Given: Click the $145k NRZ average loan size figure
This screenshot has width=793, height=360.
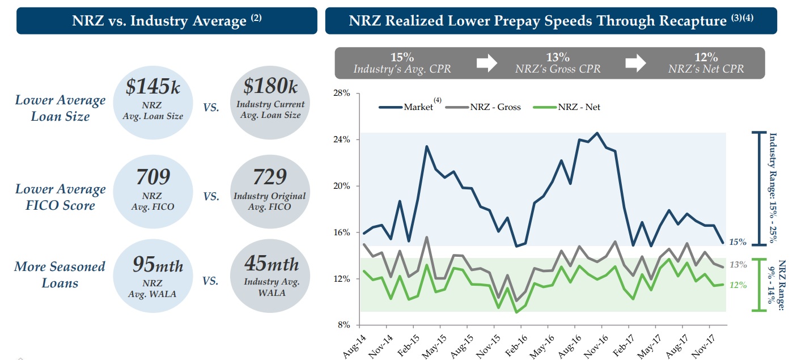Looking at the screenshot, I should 153,87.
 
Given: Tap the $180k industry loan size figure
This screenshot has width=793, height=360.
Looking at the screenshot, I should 270,87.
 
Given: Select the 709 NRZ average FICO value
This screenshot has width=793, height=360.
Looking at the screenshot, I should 153,177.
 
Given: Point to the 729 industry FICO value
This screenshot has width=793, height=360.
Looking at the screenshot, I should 270,177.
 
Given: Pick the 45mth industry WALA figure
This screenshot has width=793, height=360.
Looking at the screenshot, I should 272,264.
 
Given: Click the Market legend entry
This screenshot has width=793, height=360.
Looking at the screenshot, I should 417,107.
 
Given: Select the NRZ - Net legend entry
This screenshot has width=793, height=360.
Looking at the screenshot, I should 579,107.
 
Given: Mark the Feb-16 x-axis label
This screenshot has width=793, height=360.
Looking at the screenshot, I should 515,346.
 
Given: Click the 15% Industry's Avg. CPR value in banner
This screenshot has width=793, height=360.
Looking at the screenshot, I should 402,57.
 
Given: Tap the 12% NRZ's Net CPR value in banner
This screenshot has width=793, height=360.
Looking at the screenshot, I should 706,57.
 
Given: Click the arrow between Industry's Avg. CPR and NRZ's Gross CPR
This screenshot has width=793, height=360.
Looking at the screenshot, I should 486,62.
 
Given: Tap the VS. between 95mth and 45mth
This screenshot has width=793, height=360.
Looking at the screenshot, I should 211,280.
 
